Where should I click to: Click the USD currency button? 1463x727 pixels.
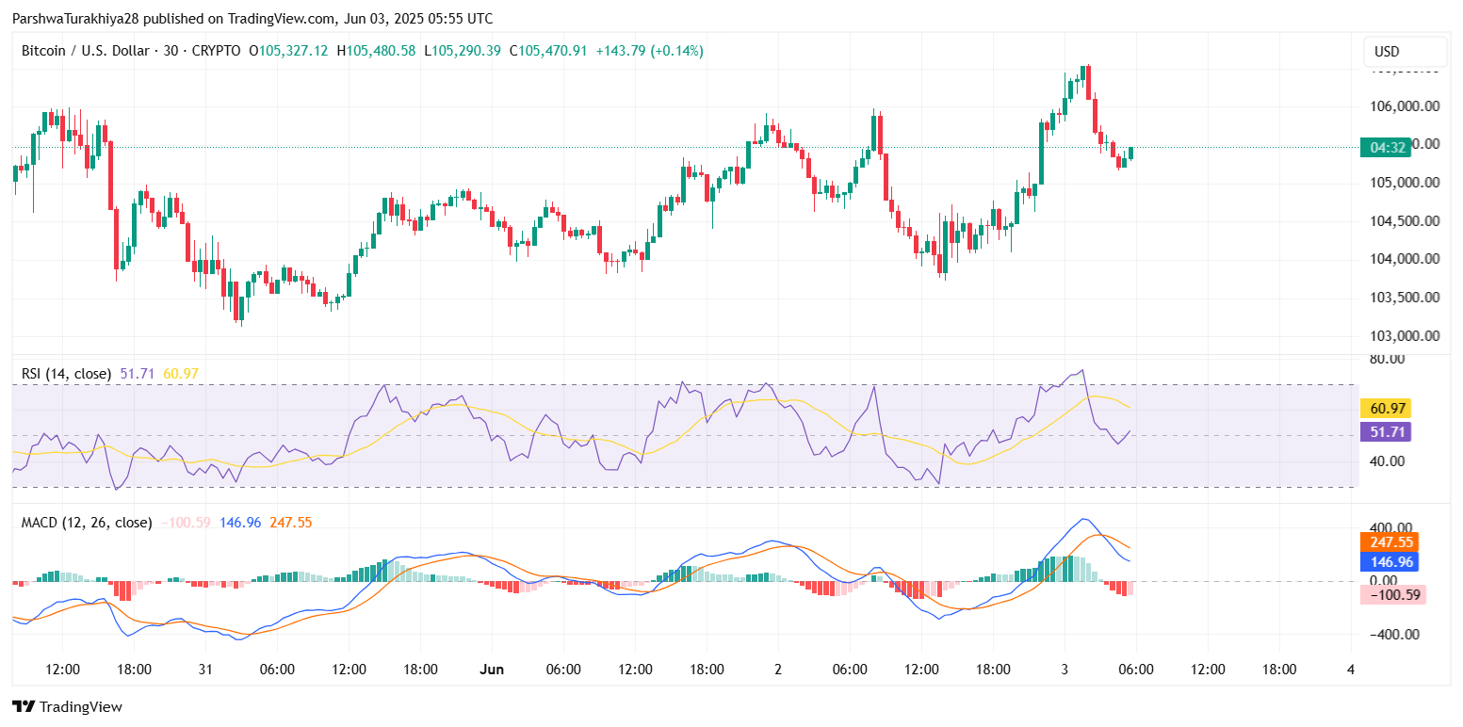(1405, 52)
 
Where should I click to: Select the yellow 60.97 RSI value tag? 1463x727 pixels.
(1390, 408)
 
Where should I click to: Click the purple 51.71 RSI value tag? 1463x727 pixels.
(1390, 432)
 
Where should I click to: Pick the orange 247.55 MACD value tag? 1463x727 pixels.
(1390, 542)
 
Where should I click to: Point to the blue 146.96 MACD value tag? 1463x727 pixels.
(1390, 562)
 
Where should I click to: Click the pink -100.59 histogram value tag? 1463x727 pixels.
(1393, 594)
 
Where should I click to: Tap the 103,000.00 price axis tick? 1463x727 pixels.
(1404, 336)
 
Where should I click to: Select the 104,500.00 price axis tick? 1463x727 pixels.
(1404, 221)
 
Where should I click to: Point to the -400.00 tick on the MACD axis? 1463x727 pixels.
(1390, 635)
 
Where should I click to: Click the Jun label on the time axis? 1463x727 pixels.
(492, 670)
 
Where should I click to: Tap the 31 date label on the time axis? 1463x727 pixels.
(205, 670)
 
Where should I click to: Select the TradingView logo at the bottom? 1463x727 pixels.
(67, 706)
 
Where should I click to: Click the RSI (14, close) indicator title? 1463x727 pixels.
(66, 374)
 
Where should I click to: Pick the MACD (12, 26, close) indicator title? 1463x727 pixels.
(86, 522)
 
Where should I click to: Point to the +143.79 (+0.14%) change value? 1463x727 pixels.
(649, 51)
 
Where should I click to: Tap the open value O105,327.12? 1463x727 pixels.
(288, 51)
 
